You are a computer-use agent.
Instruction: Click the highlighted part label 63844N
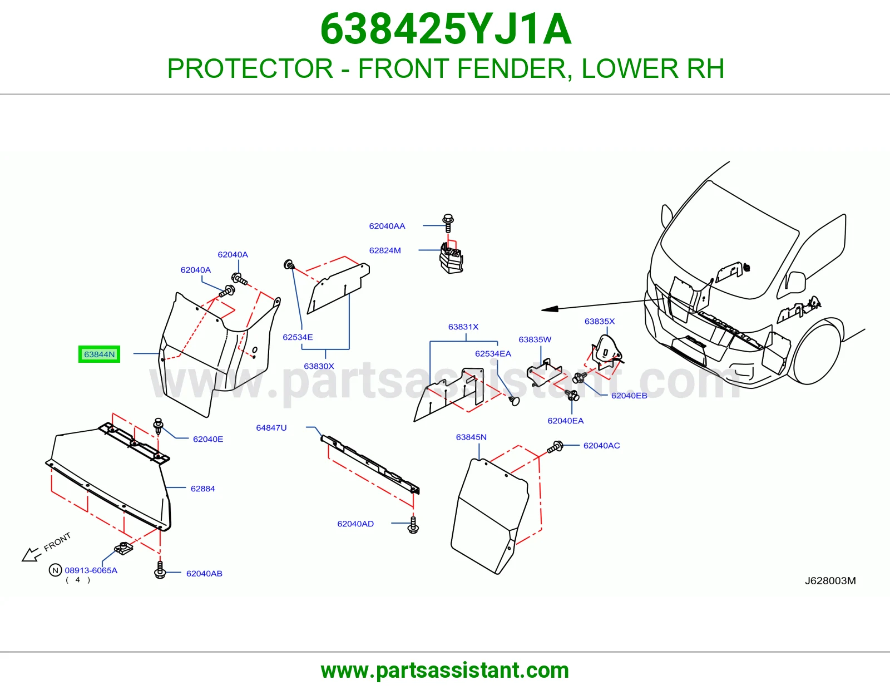[x=99, y=354]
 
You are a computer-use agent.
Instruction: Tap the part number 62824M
[x=384, y=250]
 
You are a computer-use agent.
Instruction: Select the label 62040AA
[x=387, y=226]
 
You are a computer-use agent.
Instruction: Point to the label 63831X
[x=463, y=327]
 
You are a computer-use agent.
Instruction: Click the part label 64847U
[x=271, y=428]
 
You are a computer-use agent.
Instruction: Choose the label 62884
[x=202, y=489]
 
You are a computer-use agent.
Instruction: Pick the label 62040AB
[x=204, y=573]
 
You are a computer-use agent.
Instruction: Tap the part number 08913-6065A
[x=91, y=570]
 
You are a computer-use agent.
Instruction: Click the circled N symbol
[x=55, y=570]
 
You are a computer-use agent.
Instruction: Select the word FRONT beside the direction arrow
[x=57, y=541]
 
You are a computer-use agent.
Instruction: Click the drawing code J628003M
[x=830, y=580]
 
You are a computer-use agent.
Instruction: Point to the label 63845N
[x=471, y=437]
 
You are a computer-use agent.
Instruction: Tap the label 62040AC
[x=601, y=445]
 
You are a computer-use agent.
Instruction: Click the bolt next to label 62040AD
[x=413, y=525]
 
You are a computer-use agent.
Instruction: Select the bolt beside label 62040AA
[x=448, y=223]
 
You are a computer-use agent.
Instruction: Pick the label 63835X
[x=599, y=321]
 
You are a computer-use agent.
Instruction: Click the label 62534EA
[x=493, y=353]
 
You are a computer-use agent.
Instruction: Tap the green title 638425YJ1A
[x=446, y=29]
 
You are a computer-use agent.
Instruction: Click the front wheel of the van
[x=815, y=351]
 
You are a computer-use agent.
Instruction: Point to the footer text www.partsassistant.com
[x=445, y=671]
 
